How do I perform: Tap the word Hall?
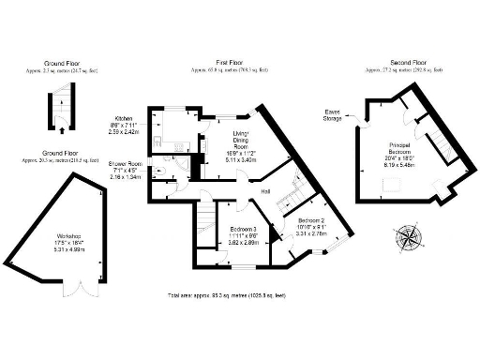[266, 191]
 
